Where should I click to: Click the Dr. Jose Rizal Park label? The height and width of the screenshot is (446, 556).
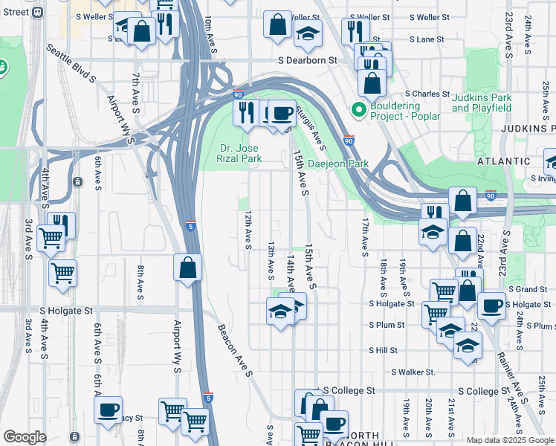pyautogui.click(x=239, y=152)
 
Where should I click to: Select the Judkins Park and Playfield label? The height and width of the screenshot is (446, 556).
pyautogui.click(x=482, y=103)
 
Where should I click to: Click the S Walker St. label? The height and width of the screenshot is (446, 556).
pyautogui.click(x=413, y=372)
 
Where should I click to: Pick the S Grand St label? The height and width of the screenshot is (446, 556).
pyautogui.click(x=528, y=288)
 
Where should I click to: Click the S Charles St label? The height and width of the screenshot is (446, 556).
pyautogui.click(x=427, y=94)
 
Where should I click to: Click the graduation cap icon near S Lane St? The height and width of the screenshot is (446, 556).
pyautogui.click(x=307, y=33)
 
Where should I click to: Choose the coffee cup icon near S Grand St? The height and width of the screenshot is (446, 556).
pyautogui.click(x=491, y=305)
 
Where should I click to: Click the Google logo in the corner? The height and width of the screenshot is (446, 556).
pyautogui.click(x=25, y=437)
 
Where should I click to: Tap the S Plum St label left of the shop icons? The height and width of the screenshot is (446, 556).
pyautogui.click(x=387, y=325)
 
